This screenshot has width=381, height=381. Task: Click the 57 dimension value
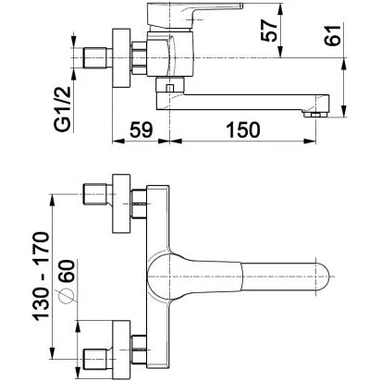coord(268,31)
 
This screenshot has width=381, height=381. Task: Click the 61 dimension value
coord(332,35)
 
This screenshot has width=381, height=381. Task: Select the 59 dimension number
coord(141,129)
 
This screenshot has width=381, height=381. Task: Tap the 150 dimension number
coord(243,129)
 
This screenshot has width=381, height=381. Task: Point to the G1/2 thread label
coord(63,109)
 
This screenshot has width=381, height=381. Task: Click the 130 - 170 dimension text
coord(41,276)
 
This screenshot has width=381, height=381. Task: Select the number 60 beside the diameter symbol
coord(67,271)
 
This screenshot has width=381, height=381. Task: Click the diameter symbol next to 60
coord(67,296)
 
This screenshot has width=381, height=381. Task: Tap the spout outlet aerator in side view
coord(314,115)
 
